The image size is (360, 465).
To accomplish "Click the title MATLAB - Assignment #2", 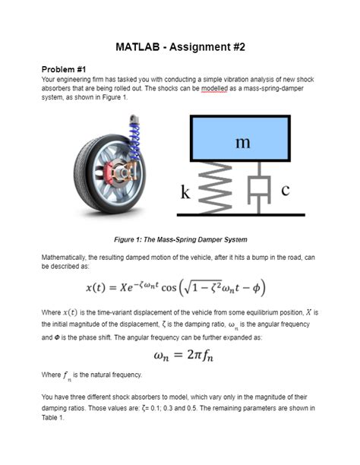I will tap(180, 47).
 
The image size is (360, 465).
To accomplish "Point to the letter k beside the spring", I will tap(185, 193).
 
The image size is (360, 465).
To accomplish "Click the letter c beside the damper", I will tap(285, 191).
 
